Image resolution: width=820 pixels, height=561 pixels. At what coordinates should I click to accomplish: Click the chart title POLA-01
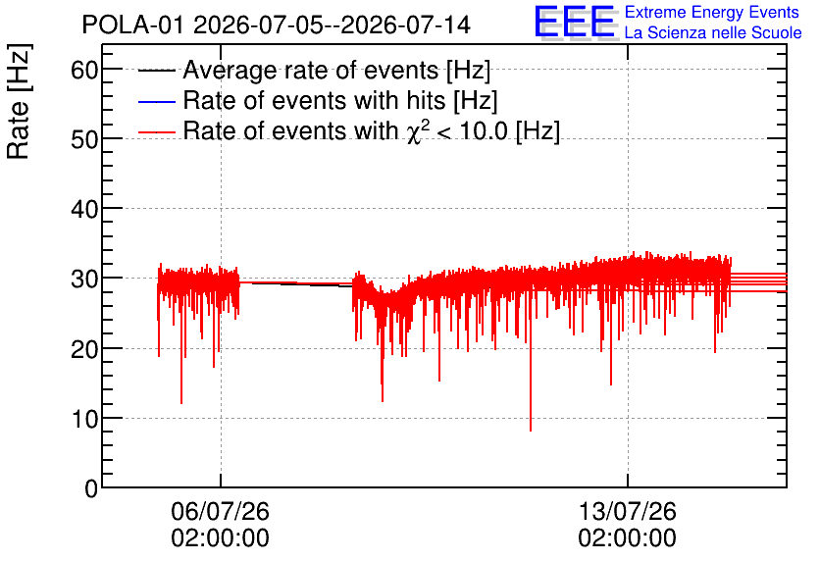[x=132, y=25]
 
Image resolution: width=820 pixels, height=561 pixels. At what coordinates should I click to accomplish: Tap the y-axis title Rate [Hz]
[x=19, y=101]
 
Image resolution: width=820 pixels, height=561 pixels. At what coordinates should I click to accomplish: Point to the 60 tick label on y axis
[x=84, y=70]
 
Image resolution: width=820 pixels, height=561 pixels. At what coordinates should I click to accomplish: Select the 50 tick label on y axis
[x=84, y=139]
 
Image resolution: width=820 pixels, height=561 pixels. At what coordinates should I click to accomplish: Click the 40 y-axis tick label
[x=84, y=210]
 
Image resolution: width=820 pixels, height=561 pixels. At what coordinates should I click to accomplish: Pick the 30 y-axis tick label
[x=84, y=280]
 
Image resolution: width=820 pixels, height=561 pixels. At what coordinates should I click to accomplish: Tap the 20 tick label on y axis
[x=84, y=349]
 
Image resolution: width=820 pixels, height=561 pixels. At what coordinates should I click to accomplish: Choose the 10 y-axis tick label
[x=84, y=419]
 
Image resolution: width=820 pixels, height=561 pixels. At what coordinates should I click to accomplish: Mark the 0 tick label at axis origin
[x=91, y=488]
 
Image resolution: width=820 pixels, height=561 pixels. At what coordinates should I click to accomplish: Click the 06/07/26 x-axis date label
[x=220, y=511]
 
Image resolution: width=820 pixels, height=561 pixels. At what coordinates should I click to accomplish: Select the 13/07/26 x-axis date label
[x=627, y=511]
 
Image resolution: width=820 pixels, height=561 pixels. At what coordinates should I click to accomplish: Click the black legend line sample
[x=156, y=71]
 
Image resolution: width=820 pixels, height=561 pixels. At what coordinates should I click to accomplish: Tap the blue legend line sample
[x=156, y=101]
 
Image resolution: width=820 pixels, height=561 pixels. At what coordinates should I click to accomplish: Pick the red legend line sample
[x=156, y=132]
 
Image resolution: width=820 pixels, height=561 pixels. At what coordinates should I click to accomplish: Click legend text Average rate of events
[x=311, y=70]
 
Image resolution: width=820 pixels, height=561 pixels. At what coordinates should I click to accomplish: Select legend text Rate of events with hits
[x=314, y=100]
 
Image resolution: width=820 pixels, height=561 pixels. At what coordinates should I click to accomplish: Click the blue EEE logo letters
[x=575, y=22]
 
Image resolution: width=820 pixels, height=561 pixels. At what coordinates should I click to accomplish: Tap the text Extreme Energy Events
[x=712, y=12]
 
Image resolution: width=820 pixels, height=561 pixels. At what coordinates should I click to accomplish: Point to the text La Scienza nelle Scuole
[x=713, y=32]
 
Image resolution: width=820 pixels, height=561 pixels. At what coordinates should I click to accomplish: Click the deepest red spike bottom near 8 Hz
[x=531, y=431]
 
